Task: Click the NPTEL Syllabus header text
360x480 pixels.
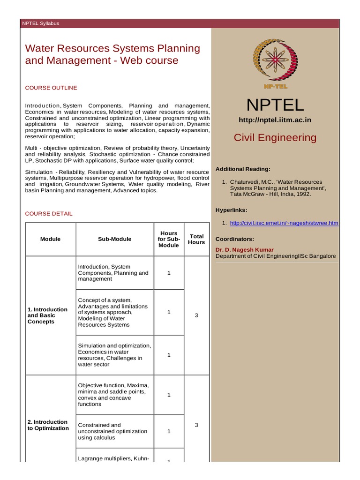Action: pos(41,23)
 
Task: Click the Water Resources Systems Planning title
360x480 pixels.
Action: pos(112,54)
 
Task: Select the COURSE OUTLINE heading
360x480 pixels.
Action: pos(51,88)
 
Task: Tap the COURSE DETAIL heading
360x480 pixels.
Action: pos(49,214)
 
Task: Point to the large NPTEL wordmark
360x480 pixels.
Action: pos(275,105)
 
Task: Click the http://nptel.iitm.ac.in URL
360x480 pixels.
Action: pos(275,120)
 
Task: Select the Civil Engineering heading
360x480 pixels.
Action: pos(275,138)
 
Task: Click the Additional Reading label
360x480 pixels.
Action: pos(243,169)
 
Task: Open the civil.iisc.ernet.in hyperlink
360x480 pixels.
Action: pos(284,223)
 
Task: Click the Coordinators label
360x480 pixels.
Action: pos(235,239)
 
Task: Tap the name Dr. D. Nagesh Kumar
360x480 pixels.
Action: pos(244,250)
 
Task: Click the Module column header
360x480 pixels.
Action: pos(50,239)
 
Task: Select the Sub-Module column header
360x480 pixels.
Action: pos(114,239)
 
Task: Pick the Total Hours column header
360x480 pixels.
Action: pos(196,239)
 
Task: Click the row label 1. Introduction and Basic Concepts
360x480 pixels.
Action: pos(48,315)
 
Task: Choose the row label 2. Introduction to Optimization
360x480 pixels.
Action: pos(48,425)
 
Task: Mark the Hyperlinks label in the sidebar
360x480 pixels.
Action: pos(231,210)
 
